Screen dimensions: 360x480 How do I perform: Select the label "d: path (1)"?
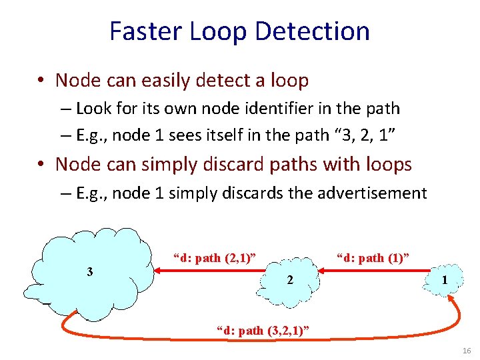click(373, 257)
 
